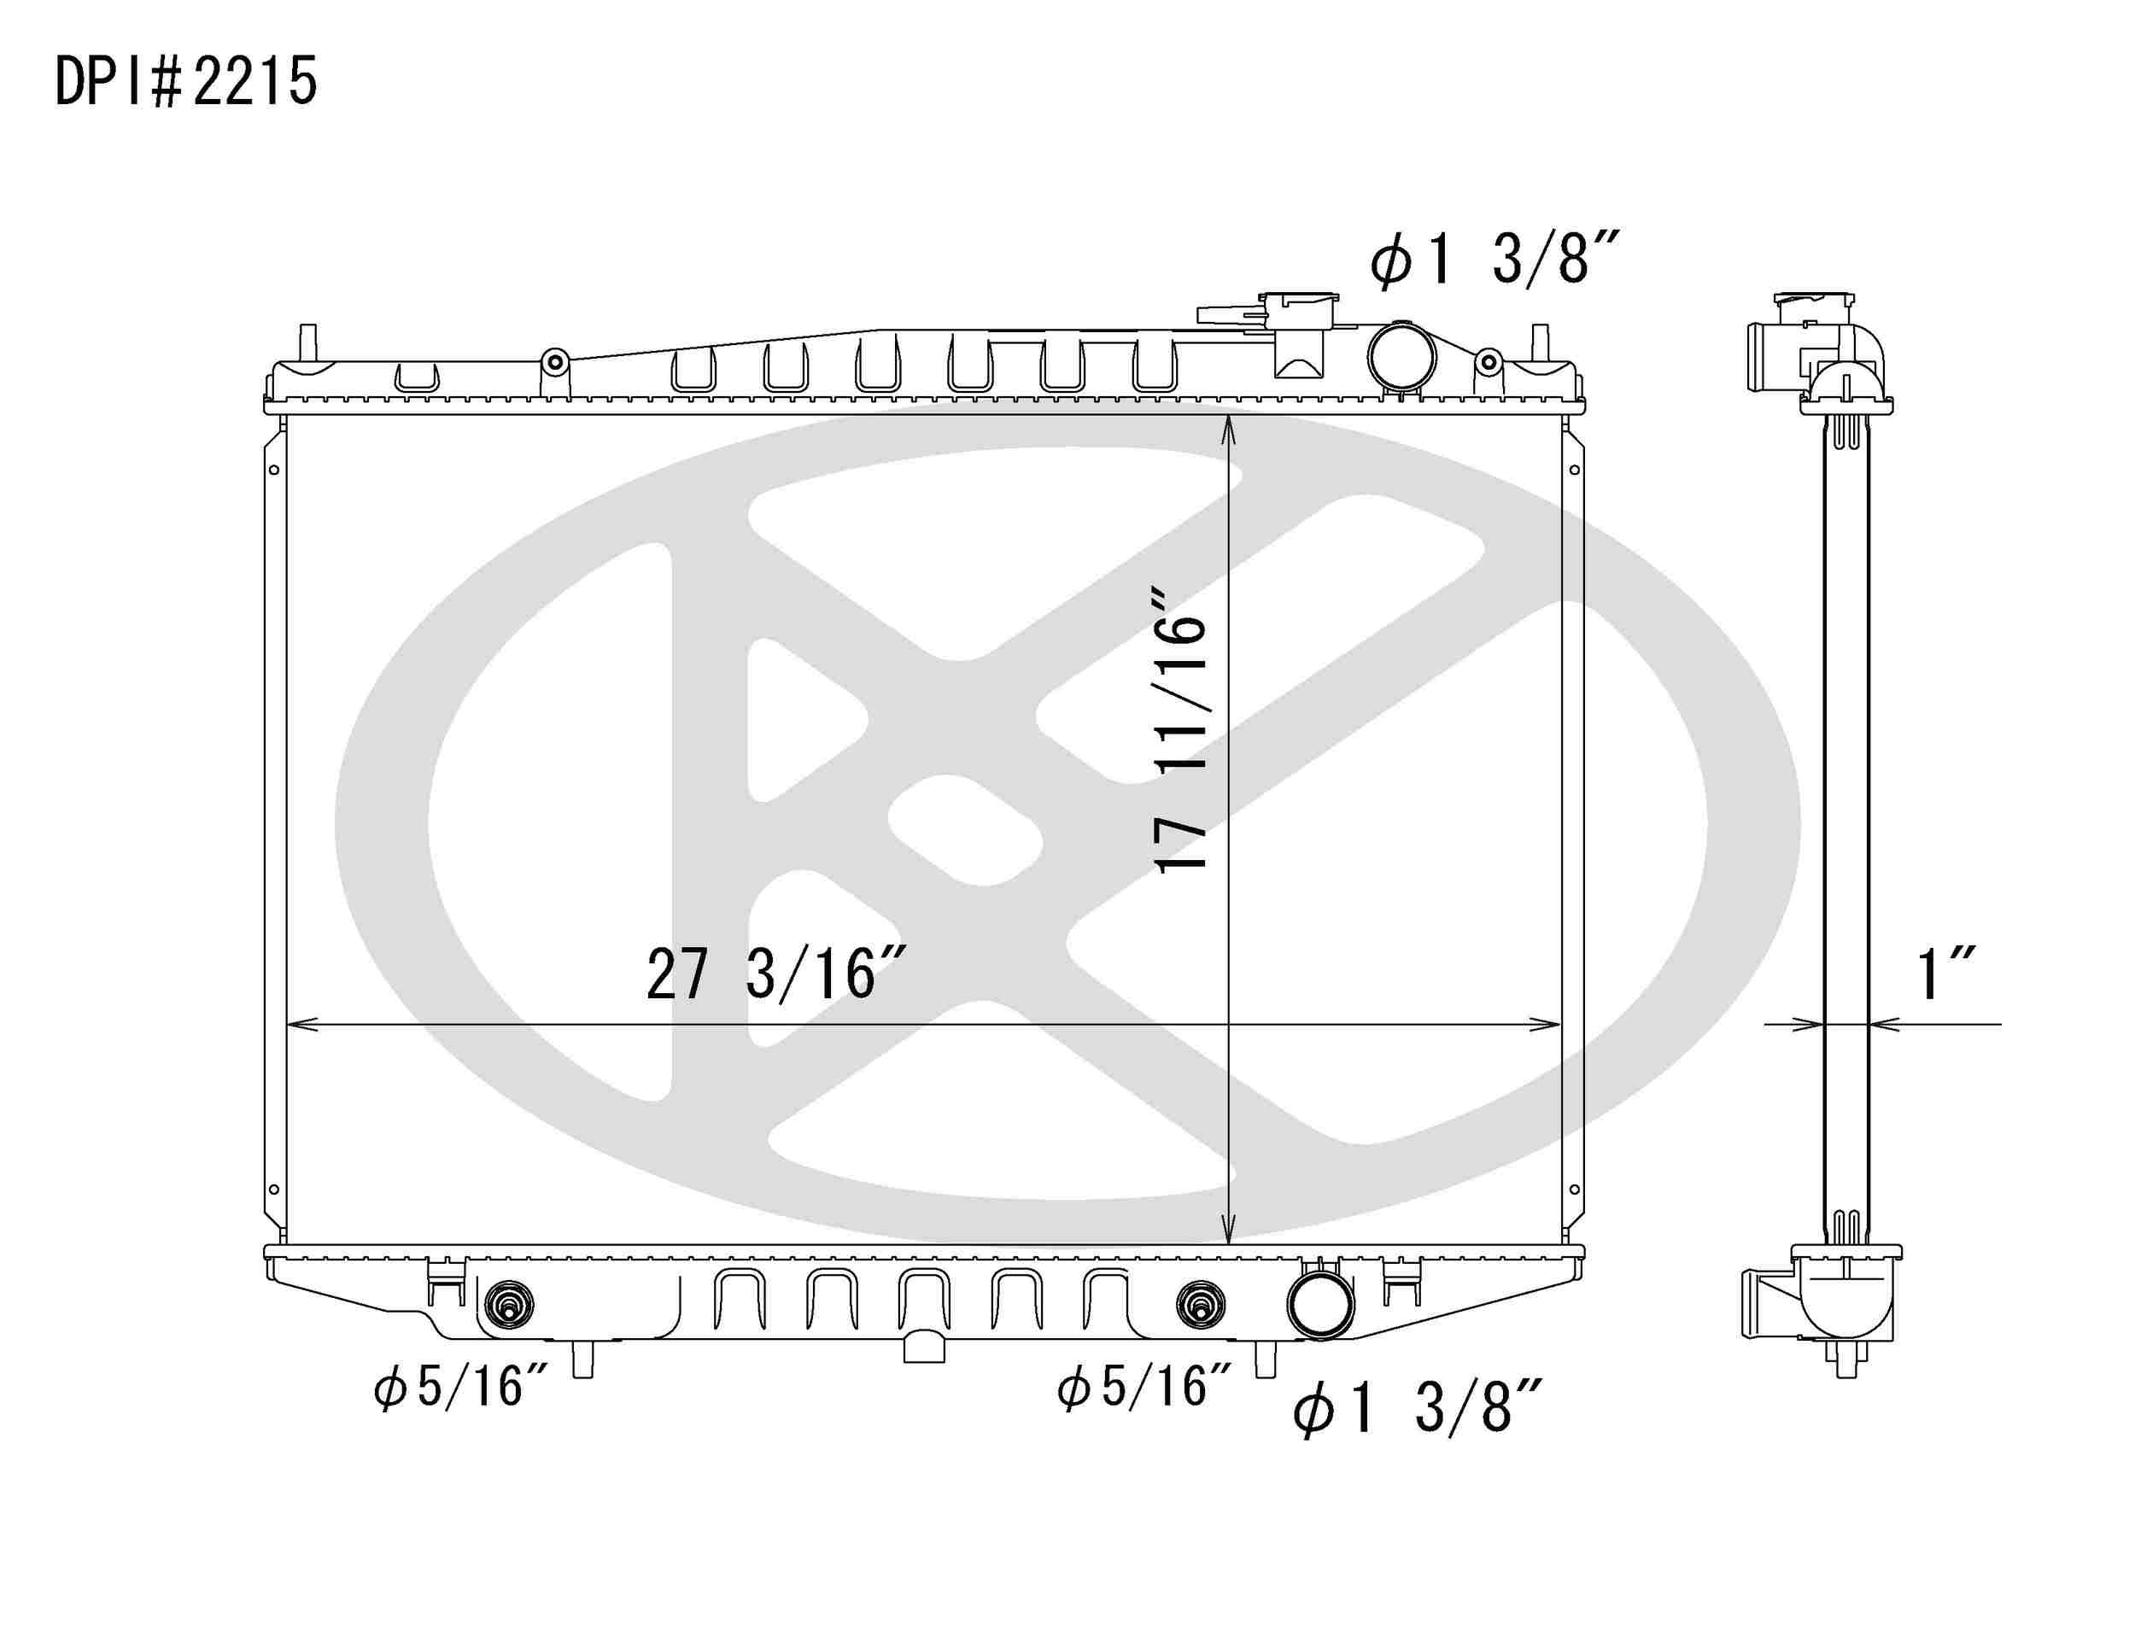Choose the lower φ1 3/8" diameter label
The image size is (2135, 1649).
(1418, 1408)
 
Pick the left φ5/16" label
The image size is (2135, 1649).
(461, 1387)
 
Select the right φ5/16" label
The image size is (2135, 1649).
(1144, 1387)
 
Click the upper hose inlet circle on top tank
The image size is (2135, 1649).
(1401, 356)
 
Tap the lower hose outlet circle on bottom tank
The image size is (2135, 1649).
(1320, 1306)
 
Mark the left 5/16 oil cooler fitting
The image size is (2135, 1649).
(509, 1305)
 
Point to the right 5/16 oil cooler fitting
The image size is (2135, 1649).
(1202, 1305)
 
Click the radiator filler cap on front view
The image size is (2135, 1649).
(1298, 305)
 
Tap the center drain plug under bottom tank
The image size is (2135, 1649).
(925, 1347)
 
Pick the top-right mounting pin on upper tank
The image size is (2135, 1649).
(1539, 344)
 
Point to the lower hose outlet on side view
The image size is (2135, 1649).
(1768, 1304)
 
